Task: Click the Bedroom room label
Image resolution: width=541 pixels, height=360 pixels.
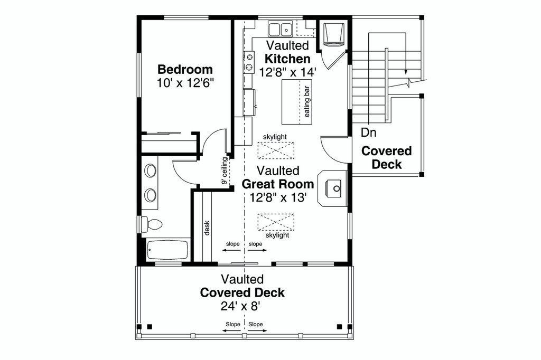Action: [x=185, y=69]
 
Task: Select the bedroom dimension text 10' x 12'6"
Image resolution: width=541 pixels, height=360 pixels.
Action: [x=185, y=83]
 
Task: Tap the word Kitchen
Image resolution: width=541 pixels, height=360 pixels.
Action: [x=287, y=59]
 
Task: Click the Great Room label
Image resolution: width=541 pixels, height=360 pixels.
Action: [x=278, y=184]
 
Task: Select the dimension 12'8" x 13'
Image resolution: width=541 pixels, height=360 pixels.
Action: [x=278, y=197]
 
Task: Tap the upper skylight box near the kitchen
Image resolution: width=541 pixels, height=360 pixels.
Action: [x=275, y=150]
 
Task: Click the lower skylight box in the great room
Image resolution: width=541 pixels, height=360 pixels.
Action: [x=275, y=222]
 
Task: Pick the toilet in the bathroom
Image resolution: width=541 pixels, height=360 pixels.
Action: [x=153, y=224]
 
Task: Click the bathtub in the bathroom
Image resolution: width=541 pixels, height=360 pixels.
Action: [x=167, y=250]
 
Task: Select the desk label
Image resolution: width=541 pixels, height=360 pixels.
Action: [x=207, y=229]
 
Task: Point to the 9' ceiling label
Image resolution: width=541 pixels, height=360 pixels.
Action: [x=225, y=170]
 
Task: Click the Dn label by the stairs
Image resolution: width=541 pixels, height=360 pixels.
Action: [x=369, y=132]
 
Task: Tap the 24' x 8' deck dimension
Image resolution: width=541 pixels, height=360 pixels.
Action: [x=242, y=306]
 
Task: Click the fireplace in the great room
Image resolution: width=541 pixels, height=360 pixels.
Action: [x=333, y=186]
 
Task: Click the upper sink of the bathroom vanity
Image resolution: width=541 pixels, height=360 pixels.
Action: [x=151, y=170]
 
